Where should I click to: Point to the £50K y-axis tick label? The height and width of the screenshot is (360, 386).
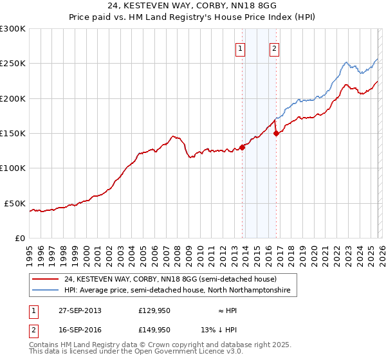[x=15, y=203]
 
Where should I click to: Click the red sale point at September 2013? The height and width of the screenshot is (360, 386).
[x=243, y=147]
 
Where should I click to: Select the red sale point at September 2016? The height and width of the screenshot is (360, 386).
[x=277, y=134]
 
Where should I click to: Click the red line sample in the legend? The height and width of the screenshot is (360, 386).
[x=46, y=280]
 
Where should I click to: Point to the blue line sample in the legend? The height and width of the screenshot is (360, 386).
[x=46, y=291]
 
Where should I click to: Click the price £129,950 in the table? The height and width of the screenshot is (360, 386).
[x=154, y=310]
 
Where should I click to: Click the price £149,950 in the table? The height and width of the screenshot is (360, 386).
[x=154, y=330]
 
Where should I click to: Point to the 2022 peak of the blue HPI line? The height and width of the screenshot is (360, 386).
[x=346, y=62]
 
